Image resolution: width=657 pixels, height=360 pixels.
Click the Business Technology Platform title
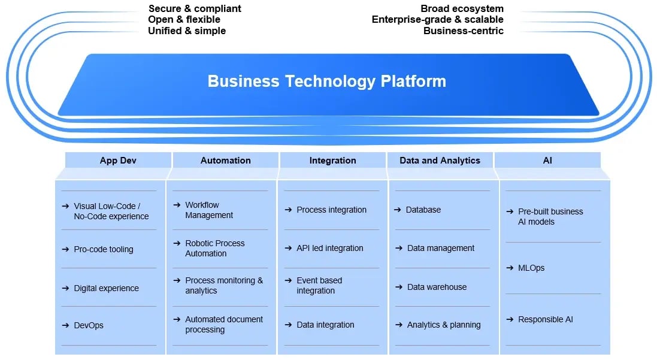pyautogui.click(x=326, y=81)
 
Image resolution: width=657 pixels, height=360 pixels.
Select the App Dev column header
pyautogui.click(x=118, y=161)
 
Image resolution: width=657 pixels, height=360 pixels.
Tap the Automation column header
pyautogui.click(x=225, y=161)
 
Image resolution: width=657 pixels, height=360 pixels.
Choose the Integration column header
pyautogui.click(x=332, y=161)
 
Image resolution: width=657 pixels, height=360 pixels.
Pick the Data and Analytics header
pyautogui.click(x=440, y=161)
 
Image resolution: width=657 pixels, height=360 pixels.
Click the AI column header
pyautogui.click(x=547, y=161)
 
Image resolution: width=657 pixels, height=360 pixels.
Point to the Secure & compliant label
pyautogui.click(x=195, y=8)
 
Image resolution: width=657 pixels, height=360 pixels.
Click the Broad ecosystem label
pyautogui.click(x=462, y=8)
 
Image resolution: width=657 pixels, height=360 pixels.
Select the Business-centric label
pyautogui.click(x=463, y=31)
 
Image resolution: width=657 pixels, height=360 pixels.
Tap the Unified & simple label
pyautogui.click(x=187, y=31)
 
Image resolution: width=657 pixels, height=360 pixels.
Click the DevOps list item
pyautogui.click(x=89, y=325)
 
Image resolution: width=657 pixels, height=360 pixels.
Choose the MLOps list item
pyautogui.click(x=531, y=268)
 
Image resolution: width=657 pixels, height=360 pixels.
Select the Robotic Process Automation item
pyautogui.click(x=214, y=249)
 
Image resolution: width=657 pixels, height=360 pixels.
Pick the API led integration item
pyautogui.click(x=329, y=248)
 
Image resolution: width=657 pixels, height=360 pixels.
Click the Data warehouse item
pyautogui.click(x=437, y=287)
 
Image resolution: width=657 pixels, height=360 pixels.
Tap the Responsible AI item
pyautogui.click(x=545, y=319)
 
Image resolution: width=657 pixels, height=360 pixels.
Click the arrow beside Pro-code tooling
pyautogui.click(x=65, y=249)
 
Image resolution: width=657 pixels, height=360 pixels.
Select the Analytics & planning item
pyautogui.click(x=443, y=325)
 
